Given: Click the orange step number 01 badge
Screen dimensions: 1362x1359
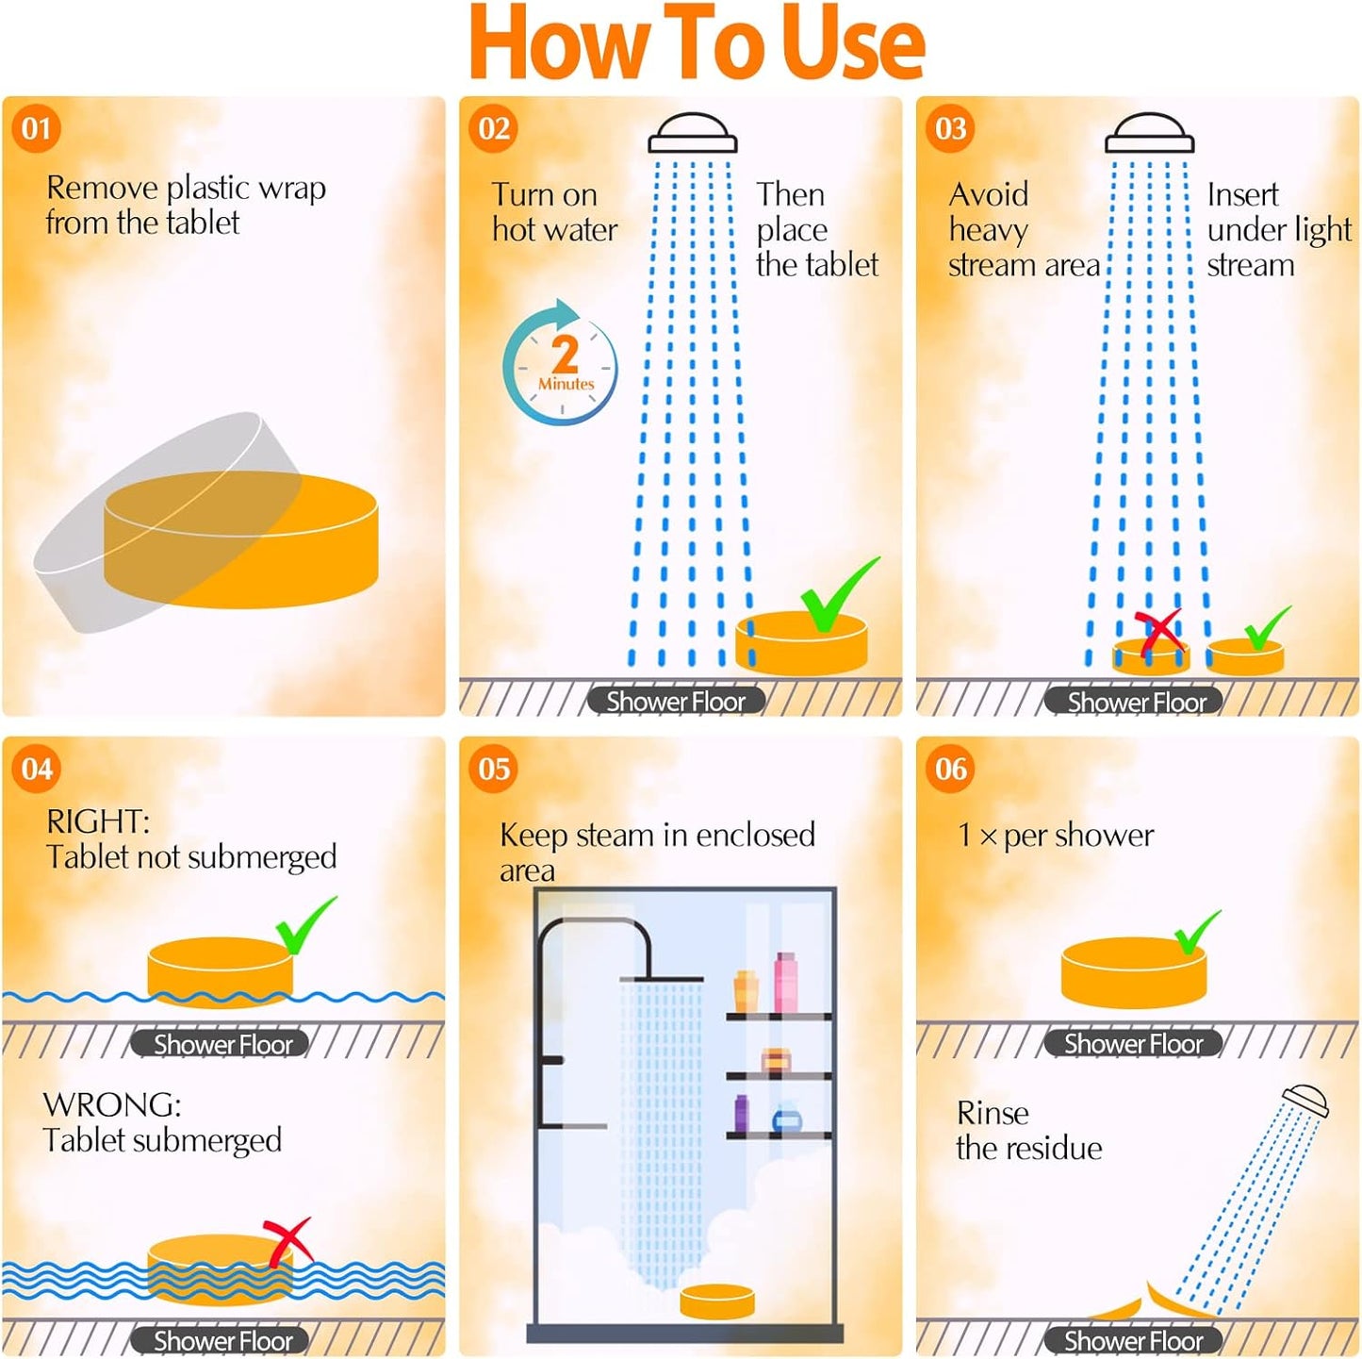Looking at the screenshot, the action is click(x=36, y=129).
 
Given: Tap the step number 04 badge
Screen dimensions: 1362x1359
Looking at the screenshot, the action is click(x=36, y=769).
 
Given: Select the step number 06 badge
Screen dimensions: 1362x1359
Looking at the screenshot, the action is click(x=950, y=769).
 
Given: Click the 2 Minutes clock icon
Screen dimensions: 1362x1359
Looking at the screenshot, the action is click(x=561, y=363).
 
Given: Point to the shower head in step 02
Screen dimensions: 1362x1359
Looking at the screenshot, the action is click(x=692, y=133).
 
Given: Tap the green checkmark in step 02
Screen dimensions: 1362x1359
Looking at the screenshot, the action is click(x=840, y=593).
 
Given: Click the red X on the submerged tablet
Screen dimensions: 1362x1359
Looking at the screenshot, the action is click(x=288, y=1243).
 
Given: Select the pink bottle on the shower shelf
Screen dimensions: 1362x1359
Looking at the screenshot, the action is click(x=784, y=982).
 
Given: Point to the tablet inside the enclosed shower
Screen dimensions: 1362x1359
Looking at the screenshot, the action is click(x=716, y=1301).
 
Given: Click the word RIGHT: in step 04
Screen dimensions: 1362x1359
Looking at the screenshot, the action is click(x=97, y=821).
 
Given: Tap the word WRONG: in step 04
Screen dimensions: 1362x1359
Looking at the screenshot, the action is click(x=111, y=1104).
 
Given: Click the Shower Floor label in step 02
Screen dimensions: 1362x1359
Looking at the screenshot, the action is click(x=676, y=701).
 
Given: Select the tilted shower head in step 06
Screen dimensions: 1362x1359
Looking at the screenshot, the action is click(x=1306, y=1102).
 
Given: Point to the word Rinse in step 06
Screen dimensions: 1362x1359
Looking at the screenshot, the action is click(x=993, y=1113).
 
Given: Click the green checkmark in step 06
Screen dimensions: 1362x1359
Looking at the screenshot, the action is click(x=1197, y=933).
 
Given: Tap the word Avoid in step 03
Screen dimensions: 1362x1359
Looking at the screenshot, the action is click(x=988, y=194).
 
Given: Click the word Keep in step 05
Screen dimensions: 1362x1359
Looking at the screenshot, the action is click(x=534, y=835).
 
